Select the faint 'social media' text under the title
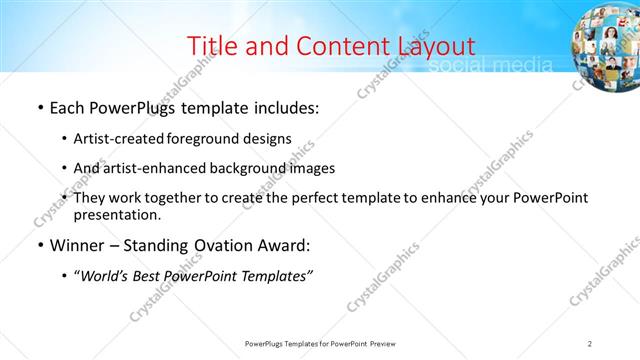click(489, 66)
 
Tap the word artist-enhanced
click(152, 168)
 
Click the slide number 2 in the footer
click(590, 343)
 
